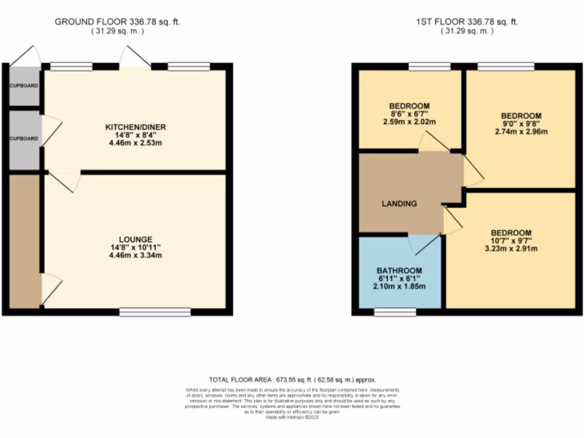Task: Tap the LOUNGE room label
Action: [135, 238]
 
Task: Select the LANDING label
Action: [399, 204]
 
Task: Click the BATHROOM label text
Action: [399, 270]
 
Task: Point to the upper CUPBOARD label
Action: [23, 86]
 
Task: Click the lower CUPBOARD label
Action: [23, 139]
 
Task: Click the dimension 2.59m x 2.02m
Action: [409, 122]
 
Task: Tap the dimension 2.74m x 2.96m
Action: [521, 132]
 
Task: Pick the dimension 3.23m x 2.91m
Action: [511, 249]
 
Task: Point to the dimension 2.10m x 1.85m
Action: [399, 287]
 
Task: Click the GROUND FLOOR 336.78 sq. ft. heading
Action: [117, 22]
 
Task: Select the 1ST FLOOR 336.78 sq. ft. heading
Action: [467, 22]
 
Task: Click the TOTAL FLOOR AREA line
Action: [291, 379]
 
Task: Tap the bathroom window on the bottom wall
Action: [395, 312]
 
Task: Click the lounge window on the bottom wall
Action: [155, 312]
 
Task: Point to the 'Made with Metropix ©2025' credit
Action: [291, 417]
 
